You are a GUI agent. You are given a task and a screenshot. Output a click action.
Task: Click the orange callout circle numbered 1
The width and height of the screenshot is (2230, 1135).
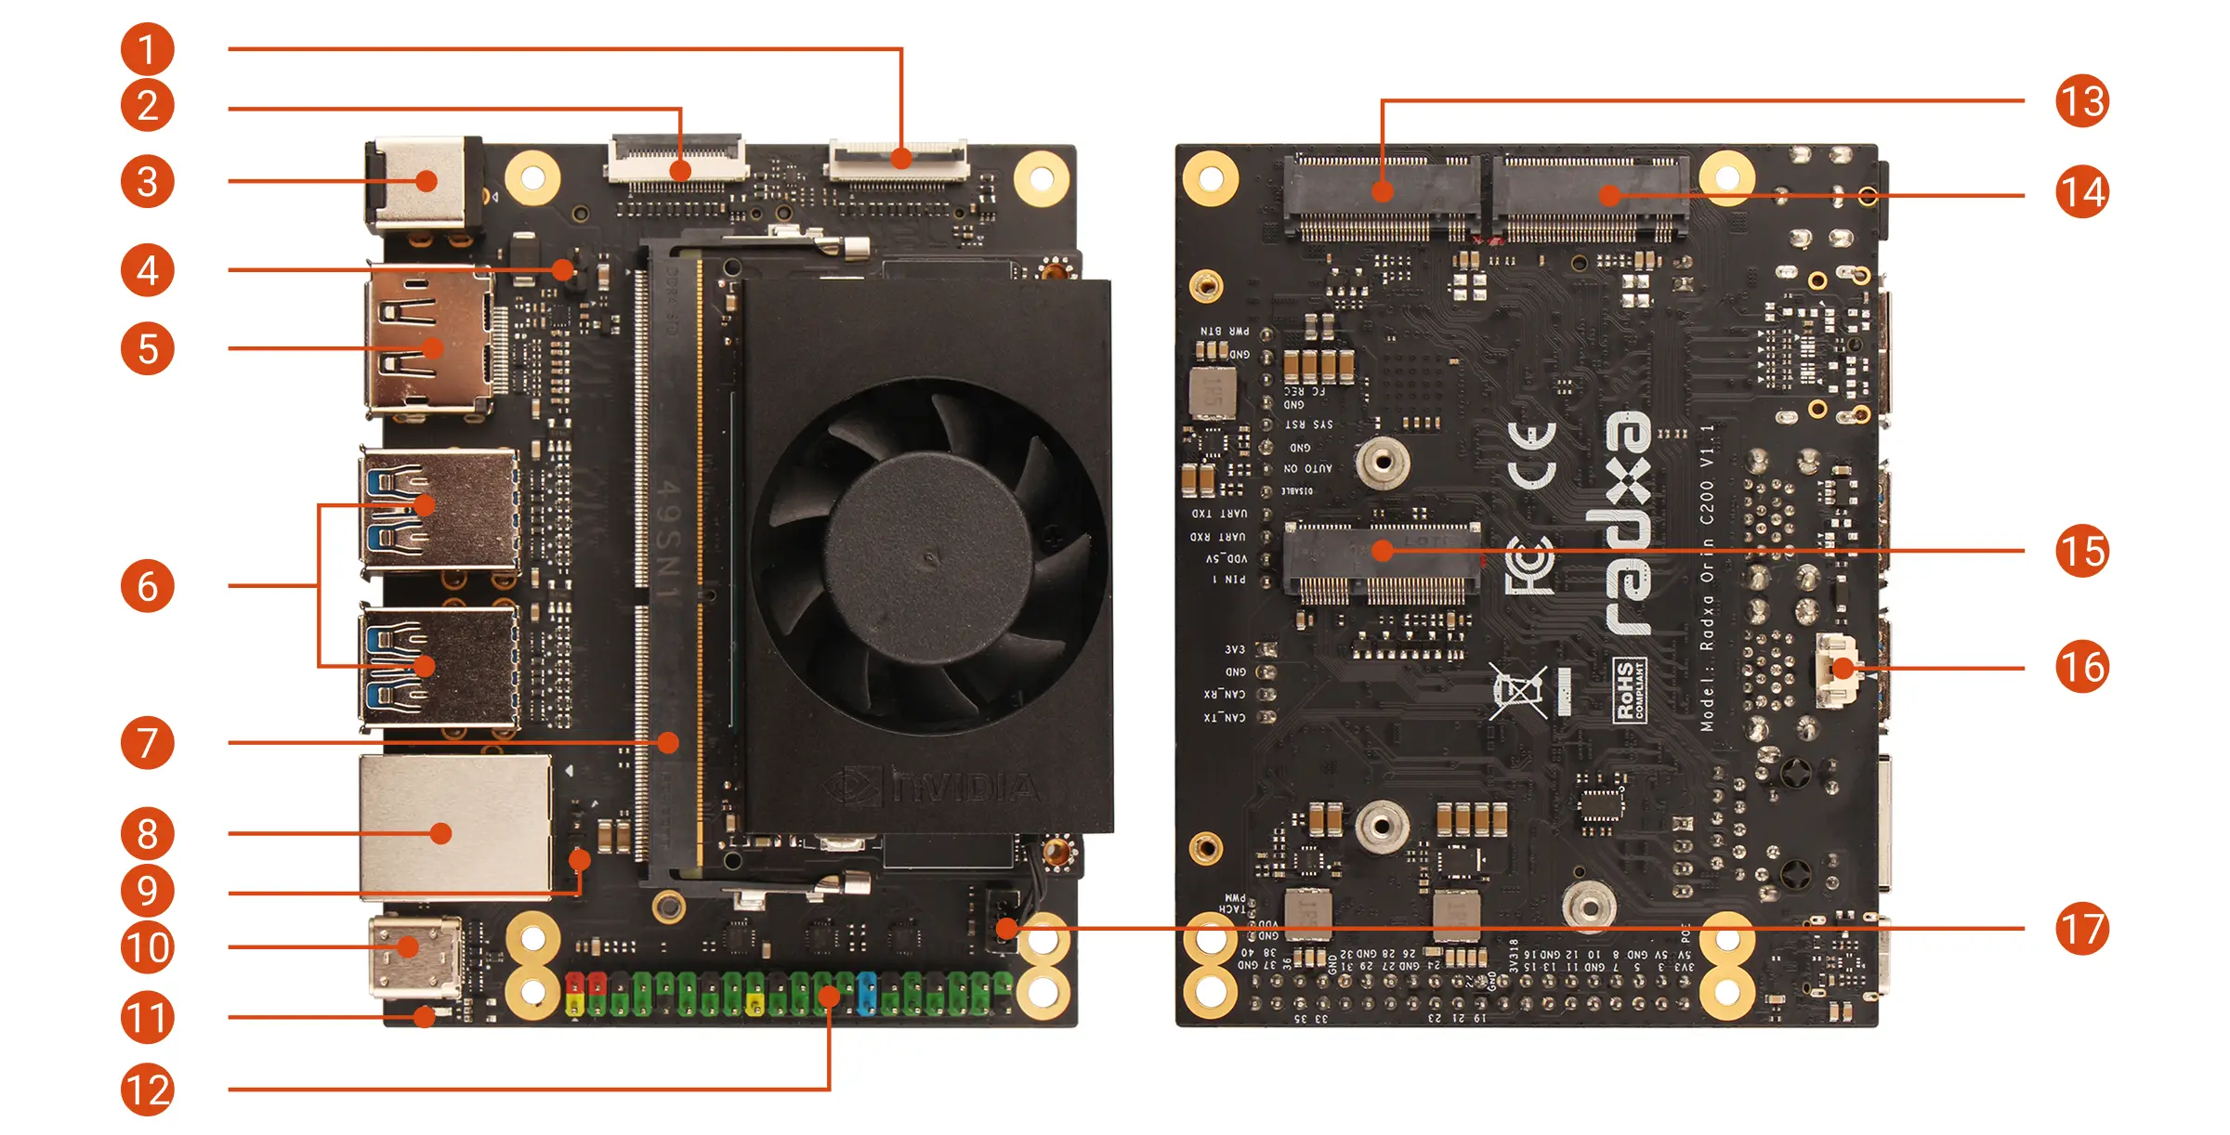147,49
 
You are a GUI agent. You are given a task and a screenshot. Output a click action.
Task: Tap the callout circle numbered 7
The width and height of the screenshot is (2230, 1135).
147,742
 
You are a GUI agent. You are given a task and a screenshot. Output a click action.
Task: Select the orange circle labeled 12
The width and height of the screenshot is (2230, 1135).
147,1089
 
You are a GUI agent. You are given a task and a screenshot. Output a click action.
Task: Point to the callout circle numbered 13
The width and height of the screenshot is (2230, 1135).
2082,100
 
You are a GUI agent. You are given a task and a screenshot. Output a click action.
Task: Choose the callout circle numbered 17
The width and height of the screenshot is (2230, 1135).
2082,928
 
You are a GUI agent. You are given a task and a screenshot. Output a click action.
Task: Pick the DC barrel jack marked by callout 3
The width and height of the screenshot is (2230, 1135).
423,182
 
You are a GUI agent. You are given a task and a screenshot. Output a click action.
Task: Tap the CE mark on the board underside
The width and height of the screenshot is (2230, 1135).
1532,455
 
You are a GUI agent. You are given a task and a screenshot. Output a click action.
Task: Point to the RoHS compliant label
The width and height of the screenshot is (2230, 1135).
1629,689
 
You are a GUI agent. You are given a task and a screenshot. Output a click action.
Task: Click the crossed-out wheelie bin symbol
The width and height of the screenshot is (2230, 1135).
1517,691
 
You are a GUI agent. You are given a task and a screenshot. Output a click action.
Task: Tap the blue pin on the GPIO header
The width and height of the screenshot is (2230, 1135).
867,993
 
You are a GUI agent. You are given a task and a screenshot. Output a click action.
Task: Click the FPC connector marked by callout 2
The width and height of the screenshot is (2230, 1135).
677,160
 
